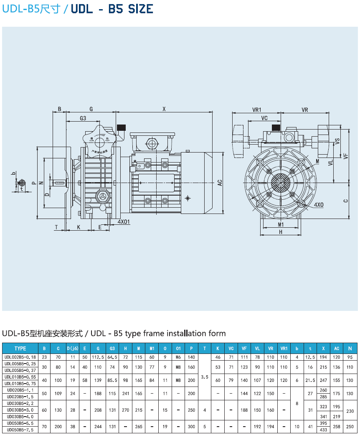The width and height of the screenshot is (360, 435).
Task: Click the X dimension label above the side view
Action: tap(164, 109)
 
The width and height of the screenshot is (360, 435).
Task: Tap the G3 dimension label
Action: tap(83, 118)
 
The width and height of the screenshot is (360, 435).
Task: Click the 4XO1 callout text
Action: tap(124, 221)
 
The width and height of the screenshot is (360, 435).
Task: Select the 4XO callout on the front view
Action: tap(319, 205)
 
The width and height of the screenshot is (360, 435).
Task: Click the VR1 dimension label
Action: tap(256, 109)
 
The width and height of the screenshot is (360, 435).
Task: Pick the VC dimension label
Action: tap(264, 118)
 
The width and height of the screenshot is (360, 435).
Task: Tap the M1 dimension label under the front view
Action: tap(281, 225)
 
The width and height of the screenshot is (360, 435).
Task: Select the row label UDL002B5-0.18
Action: tap(20, 357)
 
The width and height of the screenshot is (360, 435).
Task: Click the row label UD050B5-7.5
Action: tap(20, 430)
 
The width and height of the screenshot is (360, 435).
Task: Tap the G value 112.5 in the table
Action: tap(98, 357)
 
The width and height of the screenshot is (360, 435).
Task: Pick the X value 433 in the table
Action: tap(323, 430)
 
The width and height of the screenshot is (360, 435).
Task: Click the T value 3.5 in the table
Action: tap(205, 377)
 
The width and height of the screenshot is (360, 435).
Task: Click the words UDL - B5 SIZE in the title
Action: tap(112, 9)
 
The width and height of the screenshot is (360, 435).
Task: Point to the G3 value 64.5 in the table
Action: tap(112, 357)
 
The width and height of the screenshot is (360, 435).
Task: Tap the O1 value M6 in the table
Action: tap(178, 357)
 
